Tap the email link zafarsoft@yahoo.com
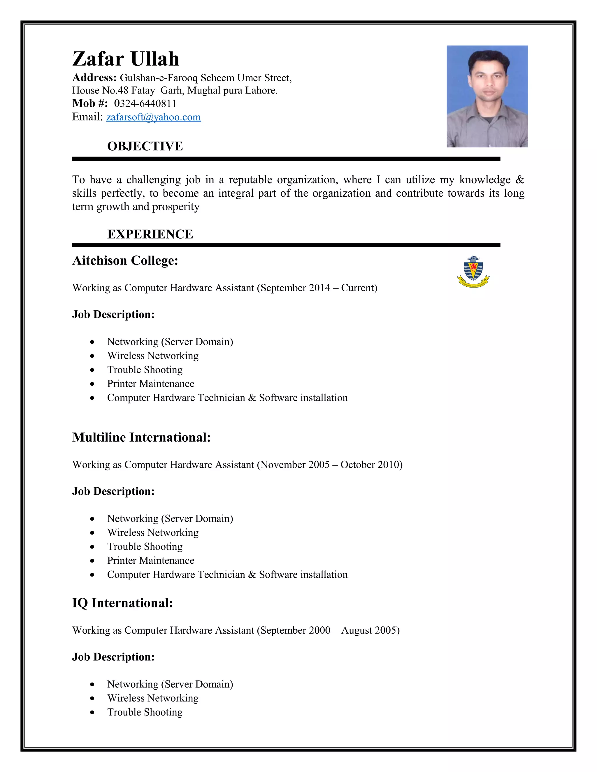[x=154, y=117]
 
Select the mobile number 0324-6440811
[x=145, y=104]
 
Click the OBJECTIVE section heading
[x=145, y=146]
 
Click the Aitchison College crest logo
[x=473, y=272]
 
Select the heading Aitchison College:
[x=125, y=260]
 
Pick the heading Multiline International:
[x=141, y=437]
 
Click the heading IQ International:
[x=122, y=603]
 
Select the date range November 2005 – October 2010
[x=330, y=464]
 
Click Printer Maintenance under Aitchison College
[x=151, y=384]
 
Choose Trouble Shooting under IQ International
[x=145, y=712]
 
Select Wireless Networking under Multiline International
[x=153, y=532]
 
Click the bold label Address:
[x=94, y=78]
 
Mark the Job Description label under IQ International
[x=113, y=657]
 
